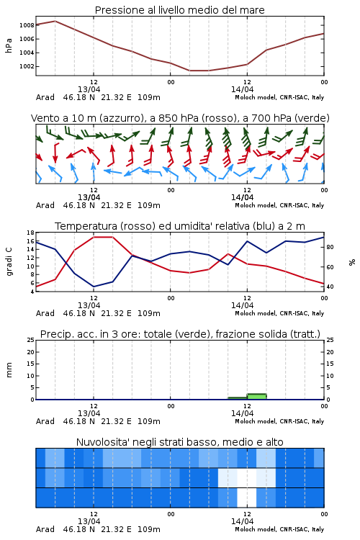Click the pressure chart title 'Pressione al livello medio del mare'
click(179, 10)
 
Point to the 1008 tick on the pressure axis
click(27, 25)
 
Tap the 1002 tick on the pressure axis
click(27, 66)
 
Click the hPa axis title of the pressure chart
click(9, 45)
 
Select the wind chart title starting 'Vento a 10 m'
click(180, 118)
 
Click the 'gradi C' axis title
click(9, 262)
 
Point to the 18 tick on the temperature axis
click(30, 233)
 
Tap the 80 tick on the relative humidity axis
click(330, 247)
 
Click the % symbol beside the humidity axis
click(352, 262)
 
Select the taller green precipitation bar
click(256, 397)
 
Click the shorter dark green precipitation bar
click(238, 398)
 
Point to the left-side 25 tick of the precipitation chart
click(30, 340)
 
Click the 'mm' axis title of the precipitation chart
click(9, 370)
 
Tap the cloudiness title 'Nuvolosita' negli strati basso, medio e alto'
click(179, 442)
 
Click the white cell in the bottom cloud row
click(247, 498)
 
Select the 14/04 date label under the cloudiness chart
click(242, 521)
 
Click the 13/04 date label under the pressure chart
click(89, 89)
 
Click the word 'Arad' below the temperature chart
click(45, 313)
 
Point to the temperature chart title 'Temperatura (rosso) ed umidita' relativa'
click(179, 226)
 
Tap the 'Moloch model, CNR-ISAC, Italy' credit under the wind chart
click(279, 206)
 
